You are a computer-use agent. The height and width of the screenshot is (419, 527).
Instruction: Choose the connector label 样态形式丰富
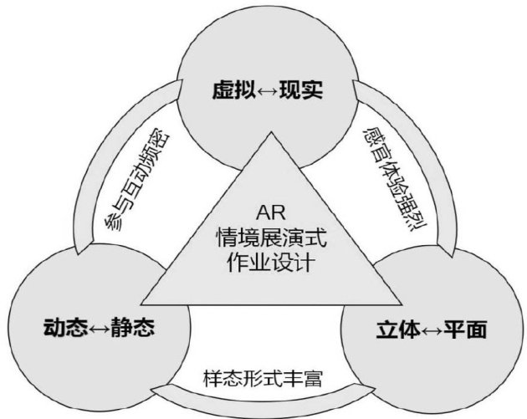coord(262,377)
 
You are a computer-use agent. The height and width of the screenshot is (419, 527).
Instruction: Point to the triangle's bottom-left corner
coord(142,304)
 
